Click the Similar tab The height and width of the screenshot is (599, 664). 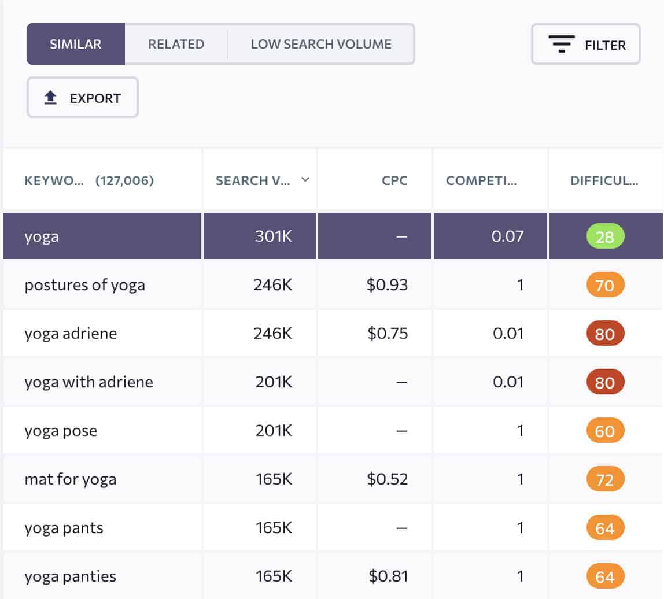pyautogui.click(x=75, y=44)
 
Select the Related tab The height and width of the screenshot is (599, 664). pyautogui.click(x=176, y=44)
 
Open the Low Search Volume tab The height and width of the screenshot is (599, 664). pyautogui.click(x=321, y=44)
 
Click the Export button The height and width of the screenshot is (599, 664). pyautogui.click(x=83, y=98)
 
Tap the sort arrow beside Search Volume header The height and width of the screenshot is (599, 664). pyautogui.click(x=305, y=180)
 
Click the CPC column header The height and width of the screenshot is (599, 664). pyautogui.click(x=394, y=180)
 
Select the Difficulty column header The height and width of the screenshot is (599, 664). pyautogui.click(x=604, y=180)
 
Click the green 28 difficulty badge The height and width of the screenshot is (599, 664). pyautogui.click(x=605, y=236)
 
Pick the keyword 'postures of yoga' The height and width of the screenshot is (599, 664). pyautogui.click(x=84, y=285)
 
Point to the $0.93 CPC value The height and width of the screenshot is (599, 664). pyautogui.click(x=387, y=285)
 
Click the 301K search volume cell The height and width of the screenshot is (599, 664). pyautogui.click(x=273, y=236)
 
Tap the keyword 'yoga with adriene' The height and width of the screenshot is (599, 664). pyautogui.click(x=88, y=382)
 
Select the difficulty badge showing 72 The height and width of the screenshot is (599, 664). pyautogui.click(x=605, y=479)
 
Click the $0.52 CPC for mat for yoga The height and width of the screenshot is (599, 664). pyautogui.click(x=387, y=479)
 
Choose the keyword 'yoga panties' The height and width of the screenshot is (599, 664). pyautogui.click(x=70, y=576)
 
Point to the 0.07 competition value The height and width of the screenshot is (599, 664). pyautogui.click(x=507, y=236)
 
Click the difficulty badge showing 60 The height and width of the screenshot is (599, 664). pyautogui.click(x=605, y=431)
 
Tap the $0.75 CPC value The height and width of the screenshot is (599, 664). pyautogui.click(x=387, y=334)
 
